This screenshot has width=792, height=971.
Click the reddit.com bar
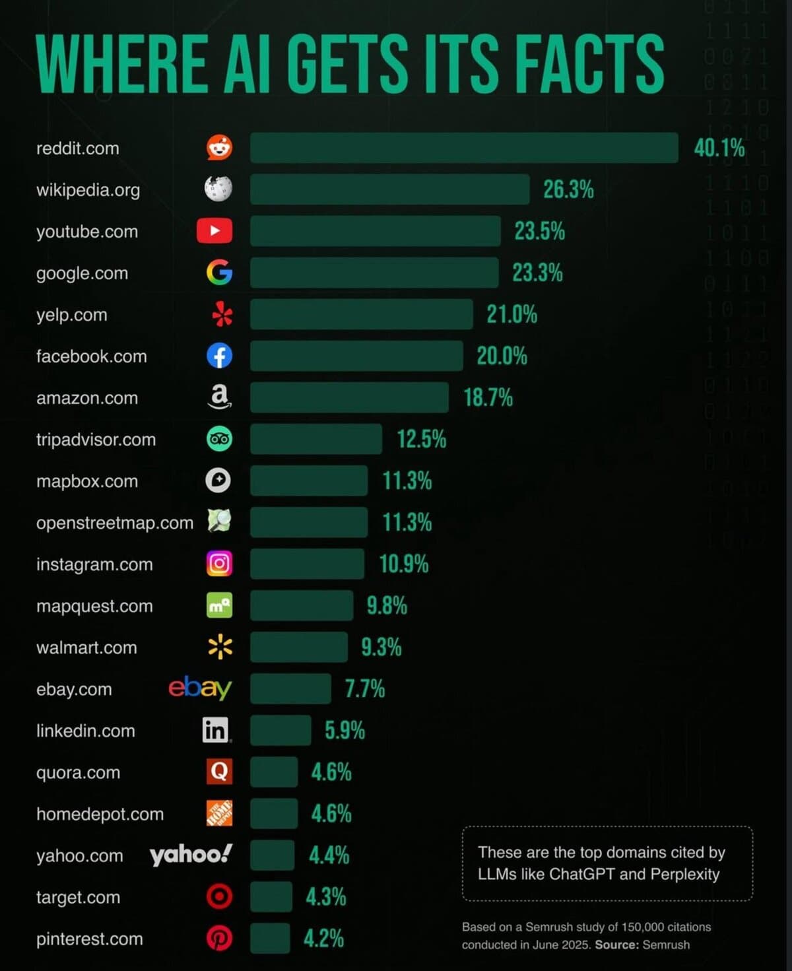click(x=463, y=148)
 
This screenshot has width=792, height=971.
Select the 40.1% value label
click(x=719, y=148)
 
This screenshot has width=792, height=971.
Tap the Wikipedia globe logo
click(x=218, y=189)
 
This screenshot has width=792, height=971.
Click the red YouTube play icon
click(x=214, y=230)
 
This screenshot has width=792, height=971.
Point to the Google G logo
click(x=219, y=272)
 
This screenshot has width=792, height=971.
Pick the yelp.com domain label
click(x=72, y=315)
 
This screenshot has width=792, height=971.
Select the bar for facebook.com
click(x=356, y=356)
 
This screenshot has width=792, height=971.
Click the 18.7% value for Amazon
click(x=488, y=397)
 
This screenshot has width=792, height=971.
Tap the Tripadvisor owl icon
click(x=219, y=439)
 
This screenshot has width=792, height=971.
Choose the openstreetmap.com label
click(x=115, y=523)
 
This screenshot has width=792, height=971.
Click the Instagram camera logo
click(x=219, y=563)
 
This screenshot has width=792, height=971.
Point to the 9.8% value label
click(x=387, y=605)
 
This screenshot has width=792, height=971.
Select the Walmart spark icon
click(x=220, y=647)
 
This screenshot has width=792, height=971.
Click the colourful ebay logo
click(x=200, y=688)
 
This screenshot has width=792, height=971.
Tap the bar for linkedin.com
click(x=280, y=730)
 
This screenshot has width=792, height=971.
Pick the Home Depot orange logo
click(x=219, y=813)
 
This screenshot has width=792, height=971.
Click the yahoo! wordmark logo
click(x=191, y=854)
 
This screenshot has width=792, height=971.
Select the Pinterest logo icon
click(x=219, y=938)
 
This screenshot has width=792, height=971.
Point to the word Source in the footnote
click(x=616, y=945)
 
